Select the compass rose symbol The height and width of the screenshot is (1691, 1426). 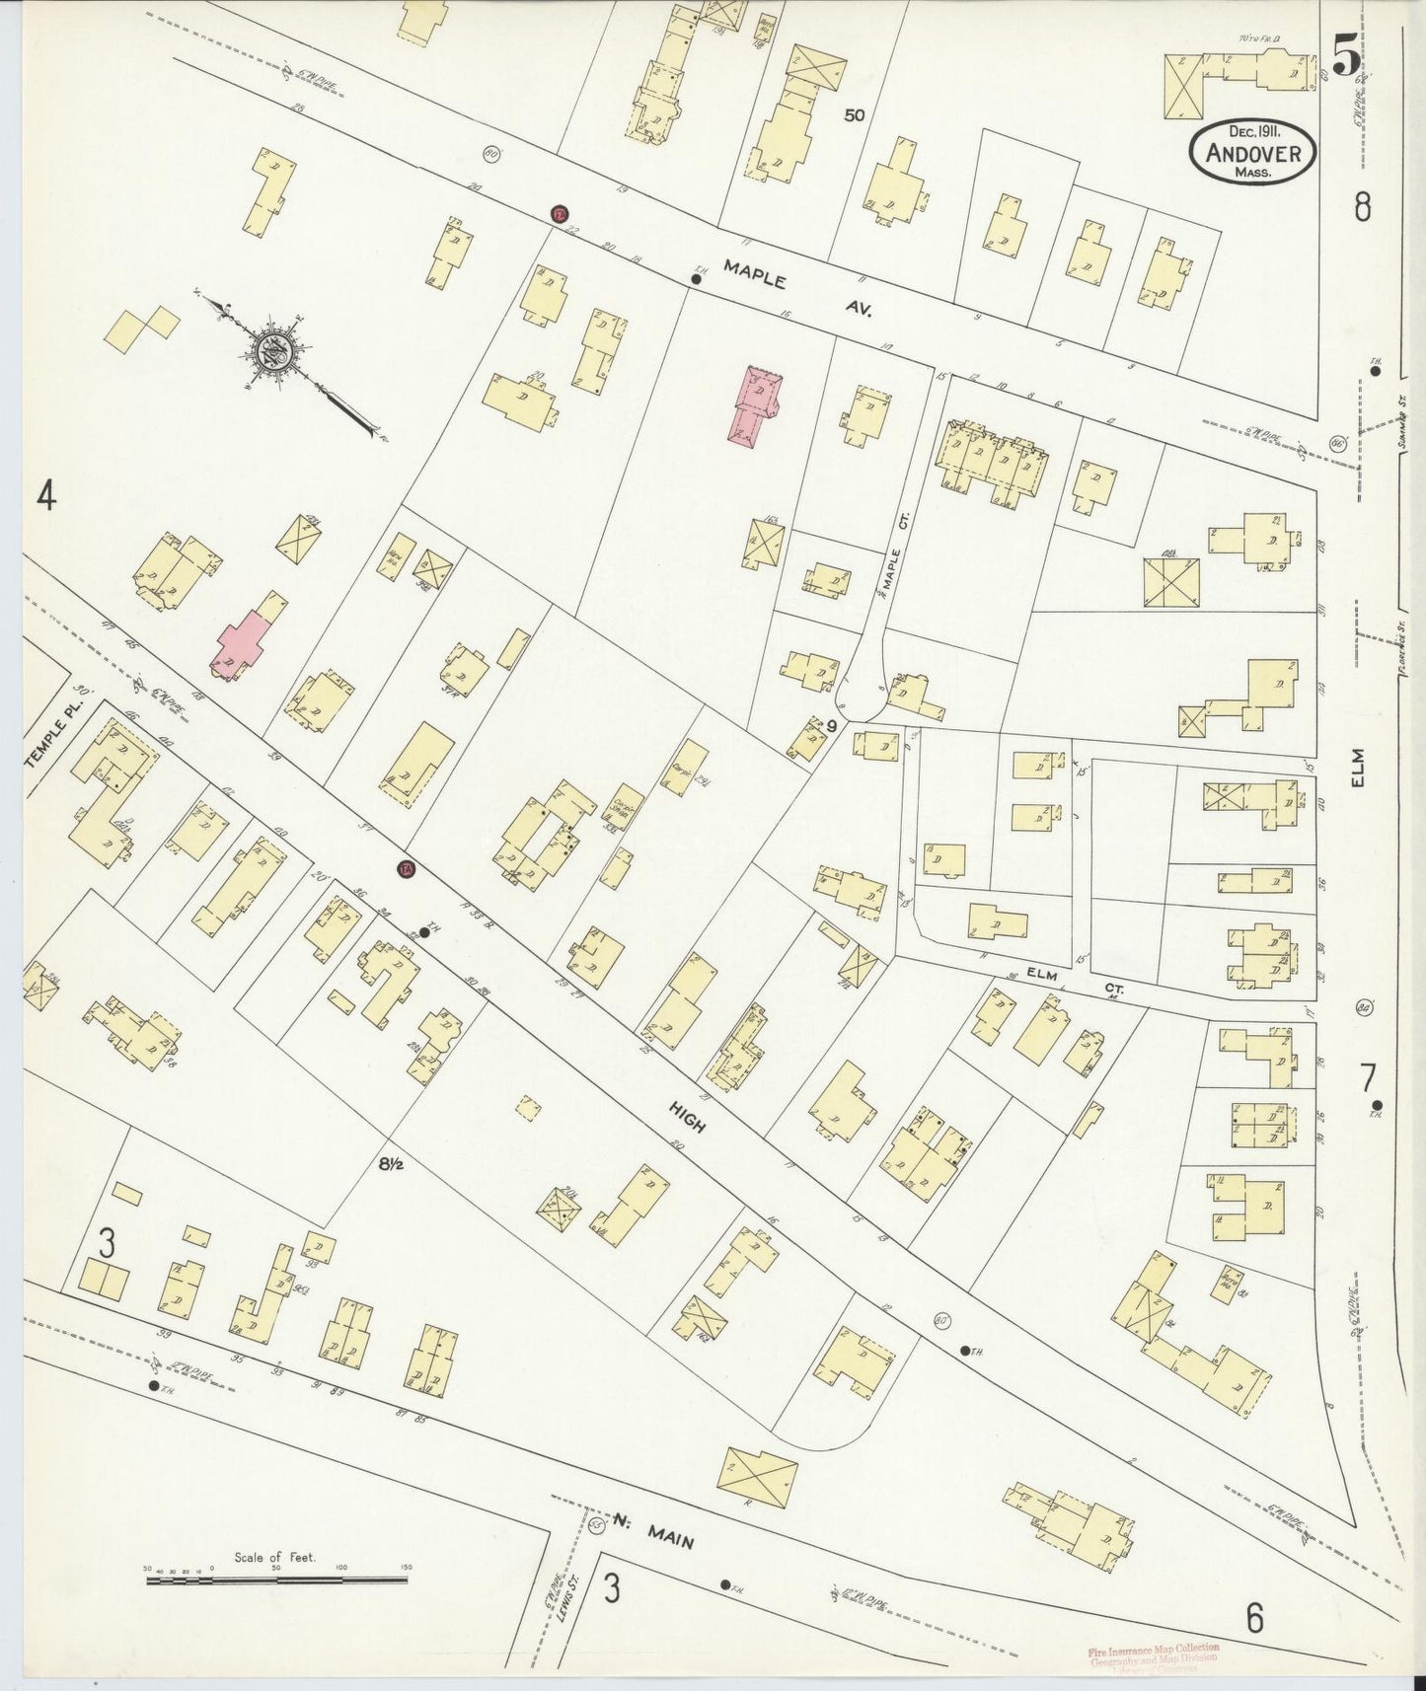tap(272, 352)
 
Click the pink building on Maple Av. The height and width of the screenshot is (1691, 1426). tap(756, 405)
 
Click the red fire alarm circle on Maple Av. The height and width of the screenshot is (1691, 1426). tap(560, 214)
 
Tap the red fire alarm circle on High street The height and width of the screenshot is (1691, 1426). tap(406, 869)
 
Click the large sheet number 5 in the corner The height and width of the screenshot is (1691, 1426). tap(1344, 54)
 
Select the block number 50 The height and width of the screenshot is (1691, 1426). tap(854, 115)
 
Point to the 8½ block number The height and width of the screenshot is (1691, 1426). tap(391, 1163)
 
